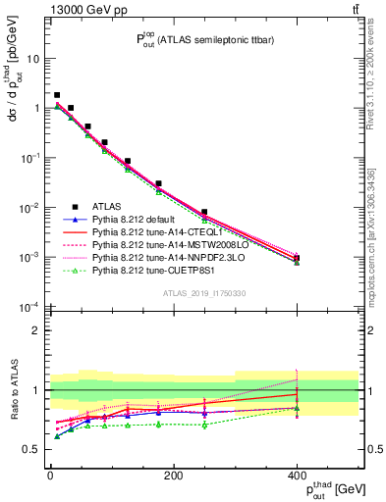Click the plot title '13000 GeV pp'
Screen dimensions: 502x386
coord(82,9)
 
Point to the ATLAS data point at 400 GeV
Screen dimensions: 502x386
coord(297,258)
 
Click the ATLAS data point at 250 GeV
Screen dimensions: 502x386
coord(204,212)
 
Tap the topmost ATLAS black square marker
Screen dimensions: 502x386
coord(57,95)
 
